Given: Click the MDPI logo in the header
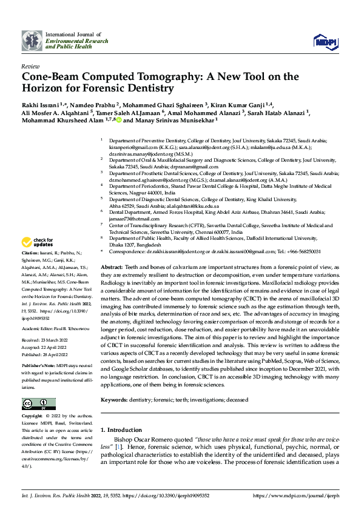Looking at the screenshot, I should (x=324, y=41).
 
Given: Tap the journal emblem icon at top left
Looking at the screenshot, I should (x=32, y=41).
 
